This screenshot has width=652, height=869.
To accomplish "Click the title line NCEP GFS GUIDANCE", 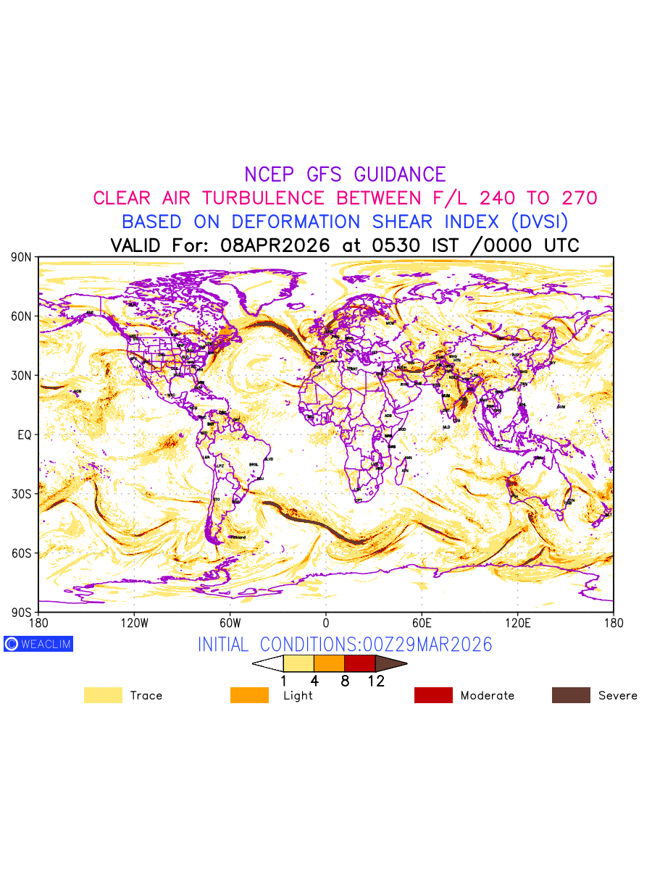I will pyautogui.click(x=345, y=175).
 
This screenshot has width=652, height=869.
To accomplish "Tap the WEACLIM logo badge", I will pyautogui.click(x=38, y=644).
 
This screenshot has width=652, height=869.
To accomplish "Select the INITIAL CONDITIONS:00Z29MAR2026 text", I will pyautogui.click(x=345, y=645).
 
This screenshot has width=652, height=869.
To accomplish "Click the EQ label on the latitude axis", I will pyautogui.click(x=24, y=434).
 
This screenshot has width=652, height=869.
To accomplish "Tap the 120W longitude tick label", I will pyautogui.click(x=134, y=622).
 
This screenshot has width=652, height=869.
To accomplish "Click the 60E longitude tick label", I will pyautogui.click(x=422, y=622).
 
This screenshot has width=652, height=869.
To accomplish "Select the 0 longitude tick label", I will pyautogui.click(x=326, y=622).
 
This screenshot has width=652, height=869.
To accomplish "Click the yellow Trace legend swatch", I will pyautogui.click(x=103, y=695).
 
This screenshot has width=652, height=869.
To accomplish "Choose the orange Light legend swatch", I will pyautogui.click(x=249, y=695).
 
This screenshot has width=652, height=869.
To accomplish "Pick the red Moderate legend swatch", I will pyautogui.click(x=433, y=695).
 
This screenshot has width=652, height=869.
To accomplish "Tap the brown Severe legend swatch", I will pyautogui.click(x=571, y=695).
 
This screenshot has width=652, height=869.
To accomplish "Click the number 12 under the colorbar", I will pyautogui.click(x=375, y=681).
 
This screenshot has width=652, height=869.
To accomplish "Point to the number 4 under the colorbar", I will pyautogui.click(x=314, y=681).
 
